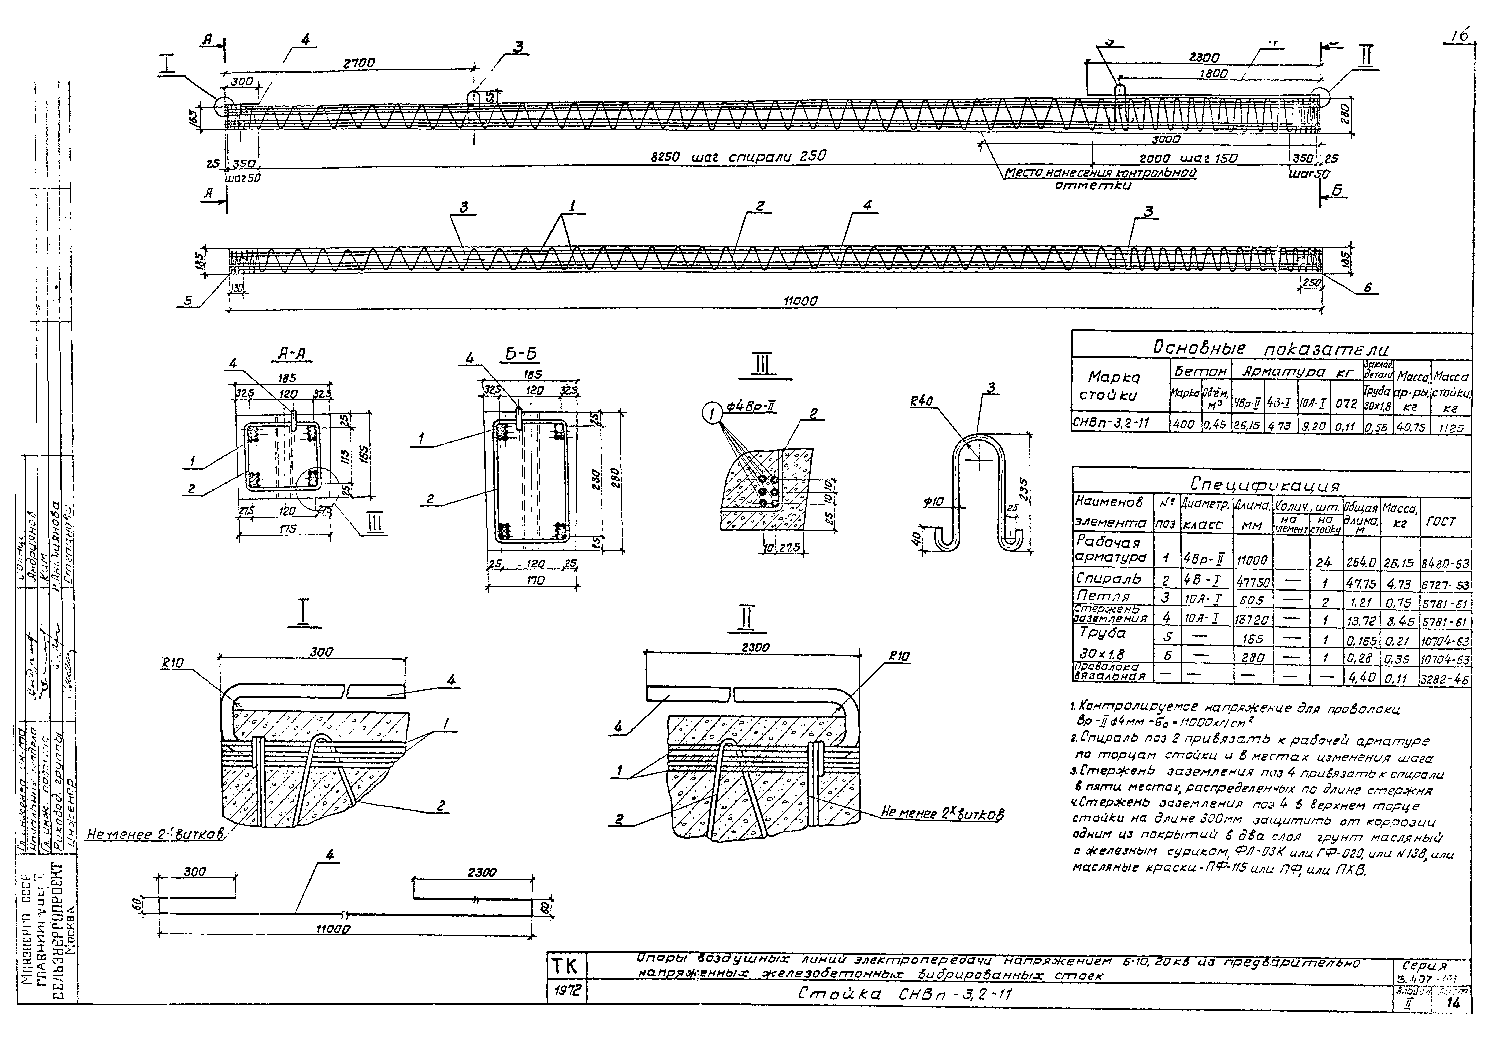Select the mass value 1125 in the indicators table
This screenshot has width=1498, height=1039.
[x=1450, y=428]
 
